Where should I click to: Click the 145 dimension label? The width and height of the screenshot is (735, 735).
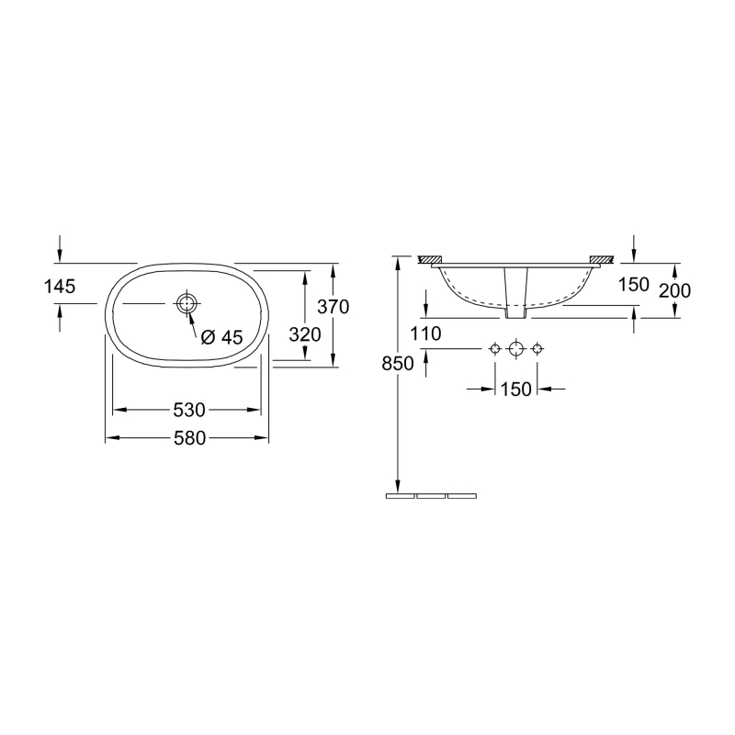59,287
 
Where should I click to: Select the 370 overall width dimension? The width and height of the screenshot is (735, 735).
333,307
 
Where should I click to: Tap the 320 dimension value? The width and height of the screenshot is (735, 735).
304,334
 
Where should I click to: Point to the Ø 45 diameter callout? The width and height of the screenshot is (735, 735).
221,337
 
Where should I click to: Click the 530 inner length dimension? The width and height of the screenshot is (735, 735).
187,409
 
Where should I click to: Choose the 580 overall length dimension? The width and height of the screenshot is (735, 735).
187,438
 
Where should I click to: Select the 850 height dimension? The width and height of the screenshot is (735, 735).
397,363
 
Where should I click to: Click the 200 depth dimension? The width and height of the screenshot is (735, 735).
675,290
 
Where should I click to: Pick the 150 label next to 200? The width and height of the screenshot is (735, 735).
634,284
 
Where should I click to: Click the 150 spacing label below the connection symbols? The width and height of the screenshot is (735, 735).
516,389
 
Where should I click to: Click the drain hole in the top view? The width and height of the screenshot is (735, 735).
187,303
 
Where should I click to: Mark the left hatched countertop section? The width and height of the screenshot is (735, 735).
431,260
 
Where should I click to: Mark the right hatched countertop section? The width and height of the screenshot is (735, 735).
602,260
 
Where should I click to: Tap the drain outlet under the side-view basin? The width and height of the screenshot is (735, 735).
516,312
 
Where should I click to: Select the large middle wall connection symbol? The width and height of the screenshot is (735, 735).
516,349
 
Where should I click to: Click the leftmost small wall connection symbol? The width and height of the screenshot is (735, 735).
495,349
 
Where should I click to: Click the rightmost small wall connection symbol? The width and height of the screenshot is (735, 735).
537,349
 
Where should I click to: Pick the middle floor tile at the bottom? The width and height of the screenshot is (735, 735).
430,495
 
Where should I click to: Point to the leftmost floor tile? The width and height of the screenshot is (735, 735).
400,495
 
